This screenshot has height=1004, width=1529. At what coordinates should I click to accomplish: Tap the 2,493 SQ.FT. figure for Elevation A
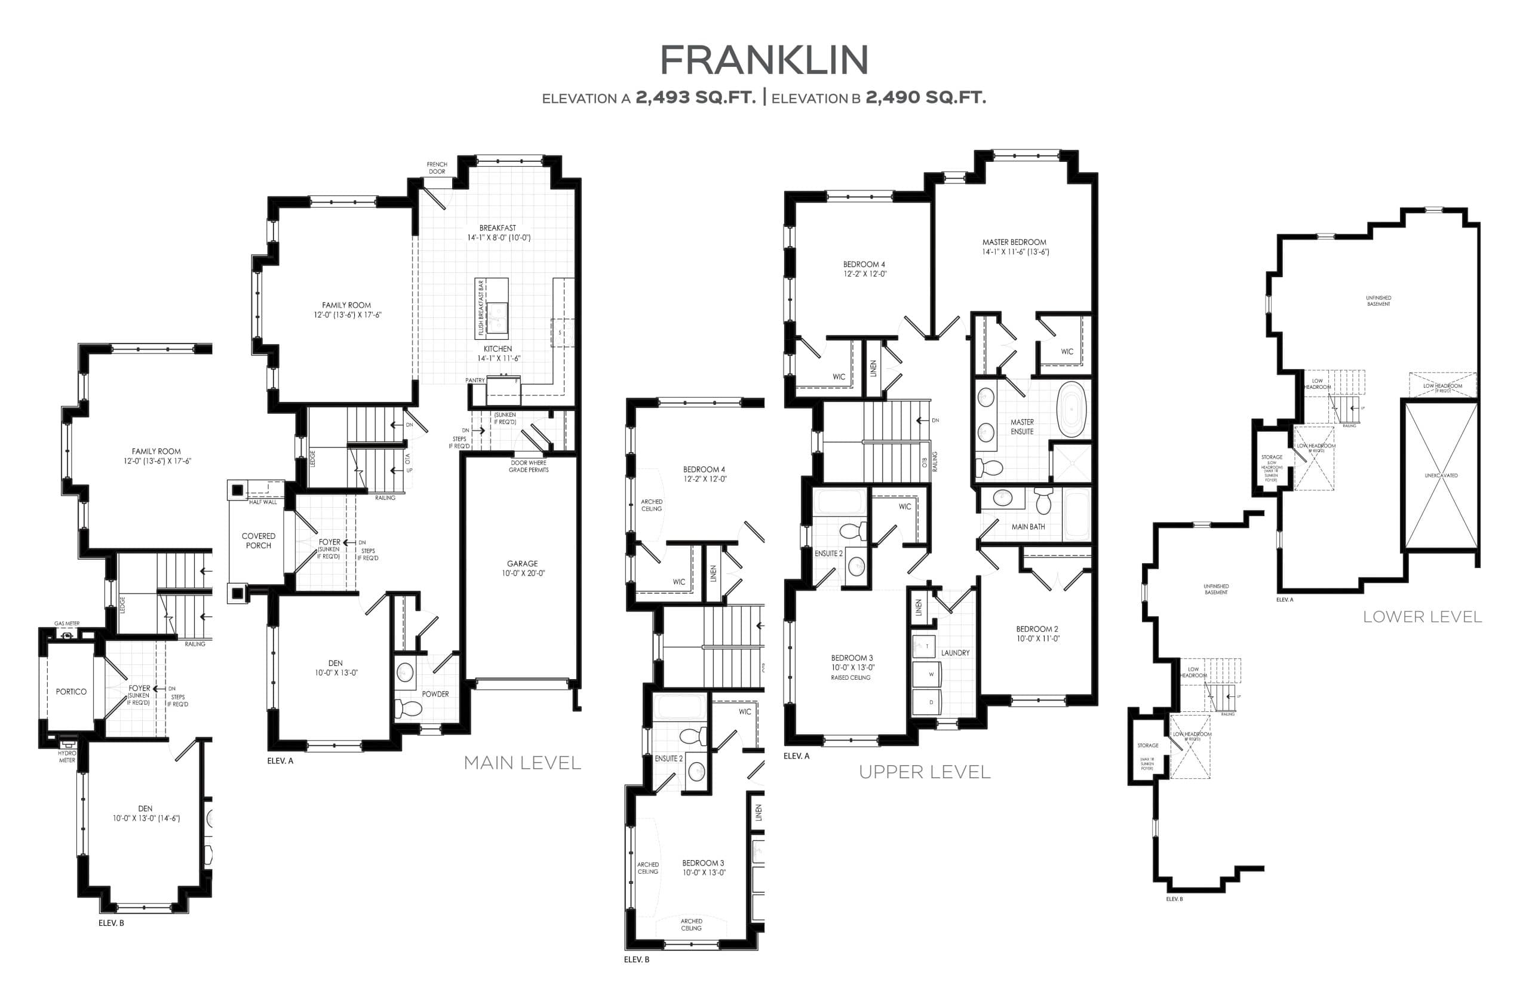[x=695, y=97]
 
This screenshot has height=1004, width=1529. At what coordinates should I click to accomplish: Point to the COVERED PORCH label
[x=258, y=540]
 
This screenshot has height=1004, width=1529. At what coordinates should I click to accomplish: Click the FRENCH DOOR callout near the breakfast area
[x=437, y=168]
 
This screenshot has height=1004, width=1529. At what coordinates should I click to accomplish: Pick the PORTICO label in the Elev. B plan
[x=70, y=692]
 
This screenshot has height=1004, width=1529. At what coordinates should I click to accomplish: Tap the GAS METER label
[x=67, y=623]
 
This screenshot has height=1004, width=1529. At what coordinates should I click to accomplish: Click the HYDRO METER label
[x=67, y=756]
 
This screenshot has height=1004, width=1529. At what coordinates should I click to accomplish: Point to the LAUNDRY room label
[x=954, y=653]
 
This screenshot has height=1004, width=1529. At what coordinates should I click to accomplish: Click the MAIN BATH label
[x=1028, y=527]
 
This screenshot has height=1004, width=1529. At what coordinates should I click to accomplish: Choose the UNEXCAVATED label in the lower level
[x=1441, y=475]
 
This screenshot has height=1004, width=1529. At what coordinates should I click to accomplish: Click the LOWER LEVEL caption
[x=1422, y=616]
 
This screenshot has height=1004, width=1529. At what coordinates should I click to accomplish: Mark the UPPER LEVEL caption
[x=925, y=772]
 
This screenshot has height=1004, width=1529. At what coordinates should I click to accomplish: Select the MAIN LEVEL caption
[x=522, y=763]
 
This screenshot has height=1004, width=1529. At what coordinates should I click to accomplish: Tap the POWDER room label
[x=435, y=694]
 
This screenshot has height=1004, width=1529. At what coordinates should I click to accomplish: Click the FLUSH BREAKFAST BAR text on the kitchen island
[x=481, y=308]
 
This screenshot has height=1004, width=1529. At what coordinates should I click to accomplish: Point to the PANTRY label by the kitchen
[x=475, y=380]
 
